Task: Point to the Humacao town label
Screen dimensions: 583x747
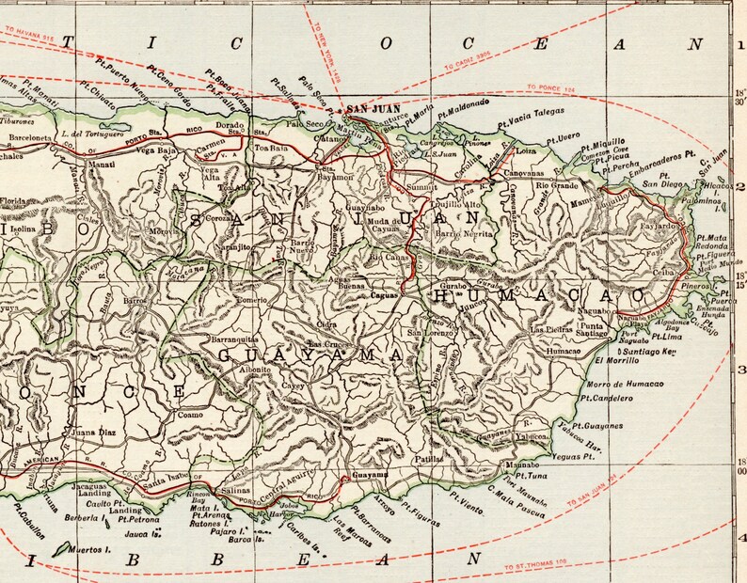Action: (564, 350)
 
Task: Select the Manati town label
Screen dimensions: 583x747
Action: (101, 165)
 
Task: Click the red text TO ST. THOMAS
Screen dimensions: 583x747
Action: (535, 568)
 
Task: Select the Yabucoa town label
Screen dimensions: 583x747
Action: (538, 436)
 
